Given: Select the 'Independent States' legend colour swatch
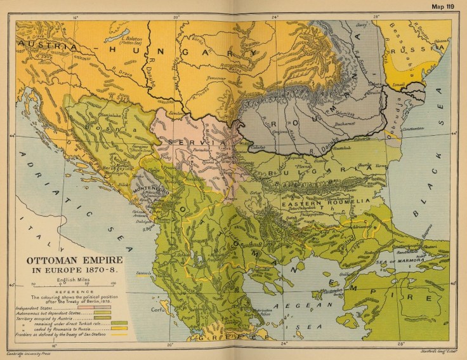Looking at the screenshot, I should point(102,306).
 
